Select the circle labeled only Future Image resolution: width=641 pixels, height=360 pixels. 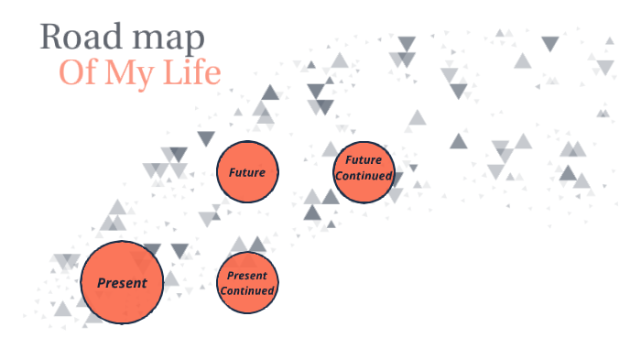[247, 172]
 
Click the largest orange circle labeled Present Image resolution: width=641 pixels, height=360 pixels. [122, 283]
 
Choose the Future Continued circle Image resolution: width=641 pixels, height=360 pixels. [364, 173]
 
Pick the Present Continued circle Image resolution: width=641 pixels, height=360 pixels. [247, 283]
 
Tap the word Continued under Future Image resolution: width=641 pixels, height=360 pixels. [364, 176]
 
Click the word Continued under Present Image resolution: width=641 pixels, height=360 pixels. [247, 290]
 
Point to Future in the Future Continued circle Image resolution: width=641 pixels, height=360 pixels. [364, 160]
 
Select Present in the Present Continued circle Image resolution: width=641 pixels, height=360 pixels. [247, 275]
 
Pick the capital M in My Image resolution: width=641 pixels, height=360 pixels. [118, 72]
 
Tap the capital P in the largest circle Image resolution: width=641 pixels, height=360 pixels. [101, 283]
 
